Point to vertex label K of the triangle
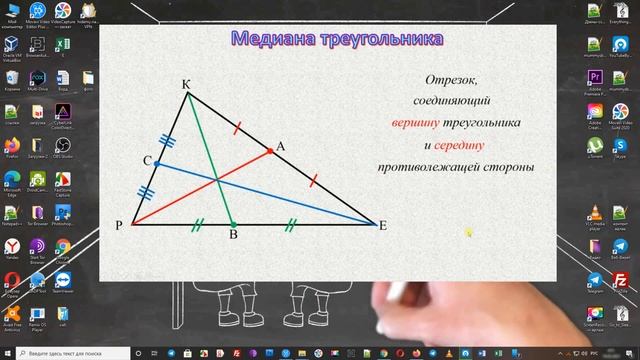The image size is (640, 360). (x=186, y=84)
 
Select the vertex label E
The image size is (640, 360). (x=383, y=226)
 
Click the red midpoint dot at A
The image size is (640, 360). (x=270, y=151)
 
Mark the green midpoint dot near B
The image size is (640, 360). (x=232, y=223)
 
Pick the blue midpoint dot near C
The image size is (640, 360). (x=158, y=163)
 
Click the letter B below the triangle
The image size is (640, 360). (x=232, y=236)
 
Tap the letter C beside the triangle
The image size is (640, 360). (x=147, y=161)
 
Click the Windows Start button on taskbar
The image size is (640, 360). (x=8, y=353)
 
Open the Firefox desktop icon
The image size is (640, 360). (x=12, y=144)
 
